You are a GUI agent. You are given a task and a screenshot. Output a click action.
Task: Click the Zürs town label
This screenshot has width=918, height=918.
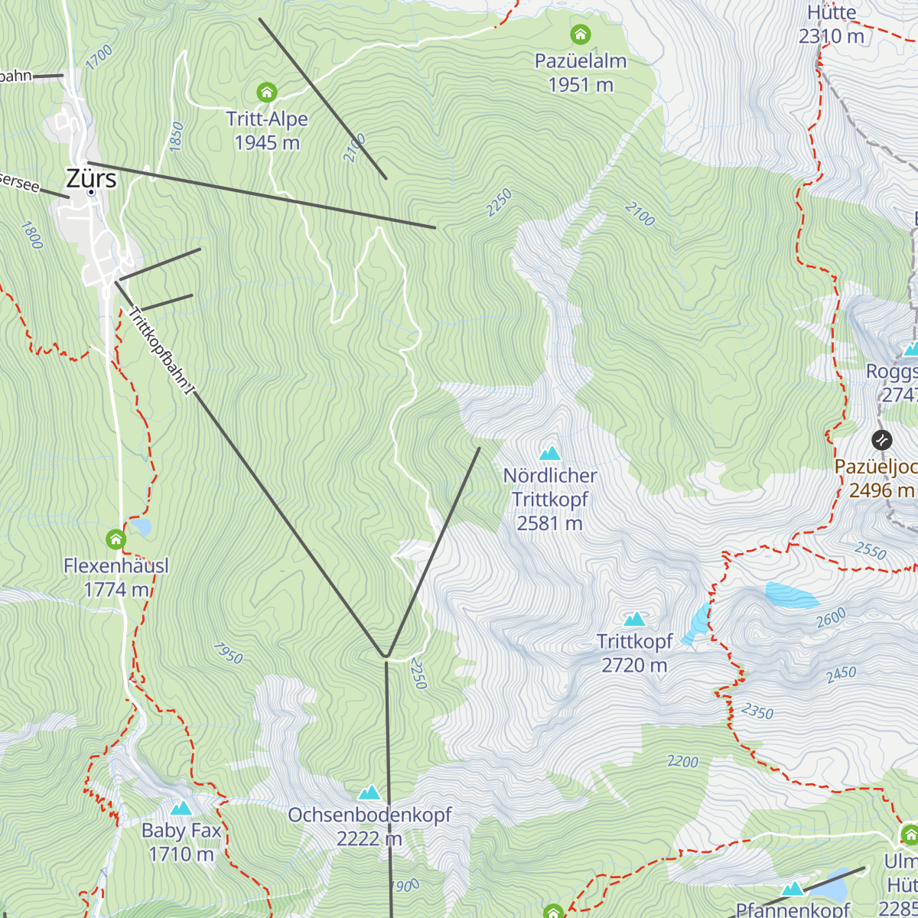pos(91,178)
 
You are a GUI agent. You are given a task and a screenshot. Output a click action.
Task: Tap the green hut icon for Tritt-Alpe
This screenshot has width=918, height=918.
pos(266,93)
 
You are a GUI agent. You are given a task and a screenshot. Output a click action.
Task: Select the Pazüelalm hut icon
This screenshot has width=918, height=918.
pos(581,34)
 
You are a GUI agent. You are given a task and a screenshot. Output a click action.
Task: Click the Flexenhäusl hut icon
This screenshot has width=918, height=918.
pos(116,539)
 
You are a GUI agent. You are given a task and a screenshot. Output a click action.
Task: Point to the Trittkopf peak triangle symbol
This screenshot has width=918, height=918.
pos(634,619)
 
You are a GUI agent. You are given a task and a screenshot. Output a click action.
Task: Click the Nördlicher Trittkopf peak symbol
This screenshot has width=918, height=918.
pos(549,454)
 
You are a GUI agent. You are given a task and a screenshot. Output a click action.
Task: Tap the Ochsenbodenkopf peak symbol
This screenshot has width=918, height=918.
pos(369,793)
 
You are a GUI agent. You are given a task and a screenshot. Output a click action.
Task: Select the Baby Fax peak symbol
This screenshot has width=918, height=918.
pos(181,808)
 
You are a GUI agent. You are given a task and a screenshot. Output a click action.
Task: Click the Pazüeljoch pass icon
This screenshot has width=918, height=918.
pos(881,440)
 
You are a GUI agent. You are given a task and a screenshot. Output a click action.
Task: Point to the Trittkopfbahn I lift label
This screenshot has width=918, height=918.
pos(159,351)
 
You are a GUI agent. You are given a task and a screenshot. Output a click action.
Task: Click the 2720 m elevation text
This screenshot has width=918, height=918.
pos(634,666)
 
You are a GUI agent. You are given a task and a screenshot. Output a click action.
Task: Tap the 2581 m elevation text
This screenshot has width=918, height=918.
pos(549,523)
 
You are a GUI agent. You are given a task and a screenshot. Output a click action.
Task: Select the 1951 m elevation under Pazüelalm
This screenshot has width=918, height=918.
pos(581,85)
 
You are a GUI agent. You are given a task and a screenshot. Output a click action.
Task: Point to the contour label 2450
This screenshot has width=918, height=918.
pos(841,674)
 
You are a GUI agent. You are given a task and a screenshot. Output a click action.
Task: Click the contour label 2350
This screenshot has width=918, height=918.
pos(757,711)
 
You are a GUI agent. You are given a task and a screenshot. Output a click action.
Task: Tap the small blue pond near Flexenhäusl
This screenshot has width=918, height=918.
pos(141,526)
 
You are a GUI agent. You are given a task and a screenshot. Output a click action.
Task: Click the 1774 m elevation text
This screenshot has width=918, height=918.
pos(116,590)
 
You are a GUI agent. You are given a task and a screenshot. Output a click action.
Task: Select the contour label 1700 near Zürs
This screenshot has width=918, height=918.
pos(99,57)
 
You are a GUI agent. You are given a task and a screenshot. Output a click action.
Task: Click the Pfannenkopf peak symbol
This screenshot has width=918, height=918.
pos(793,889)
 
